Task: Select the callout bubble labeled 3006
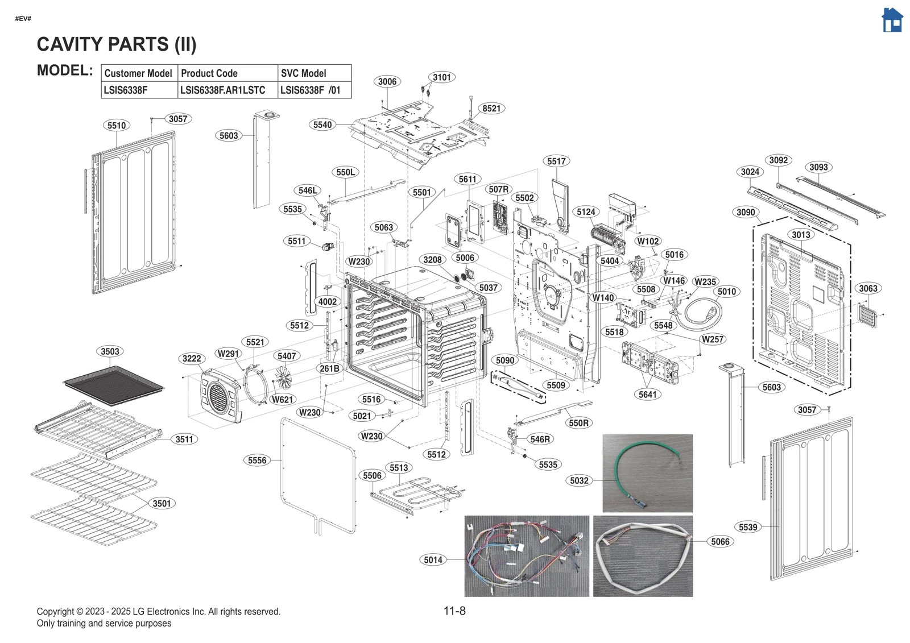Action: [387, 81]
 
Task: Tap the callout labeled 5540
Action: [322, 125]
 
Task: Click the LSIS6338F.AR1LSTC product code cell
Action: [223, 90]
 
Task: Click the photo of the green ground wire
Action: [647, 473]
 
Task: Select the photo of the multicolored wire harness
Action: [527, 556]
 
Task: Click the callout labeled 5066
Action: [720, 541]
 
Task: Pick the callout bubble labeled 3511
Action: [184, 439]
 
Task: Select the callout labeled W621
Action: [282, 399]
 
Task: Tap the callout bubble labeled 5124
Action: [586, 212]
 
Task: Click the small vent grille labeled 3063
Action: [867, 315]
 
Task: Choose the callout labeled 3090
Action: [746, 212]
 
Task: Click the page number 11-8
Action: [454, 611]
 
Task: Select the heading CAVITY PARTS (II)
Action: [117, 44]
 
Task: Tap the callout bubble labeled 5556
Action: [257, 460]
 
